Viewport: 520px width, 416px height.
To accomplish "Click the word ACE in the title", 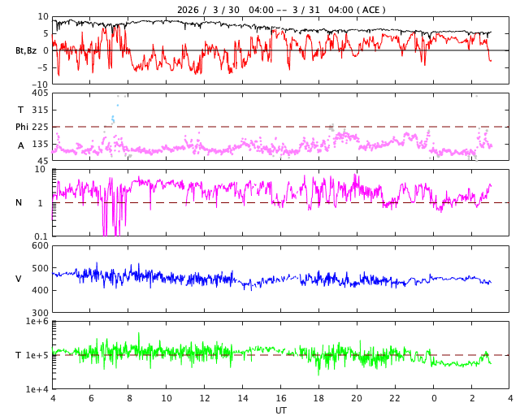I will [370, 10].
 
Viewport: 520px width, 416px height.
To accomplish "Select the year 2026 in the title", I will [190, 10].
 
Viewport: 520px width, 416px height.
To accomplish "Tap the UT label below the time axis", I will [280, 410].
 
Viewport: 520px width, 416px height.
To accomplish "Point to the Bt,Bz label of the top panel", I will [26, 50].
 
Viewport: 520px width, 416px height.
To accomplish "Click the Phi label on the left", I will [22, 127].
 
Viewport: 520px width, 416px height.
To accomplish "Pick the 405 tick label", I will [41, 93].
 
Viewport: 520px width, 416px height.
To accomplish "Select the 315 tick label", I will [41, 110].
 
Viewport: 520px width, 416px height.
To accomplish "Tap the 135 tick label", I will [41, 144].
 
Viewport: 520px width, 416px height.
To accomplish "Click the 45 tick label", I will [43, 161].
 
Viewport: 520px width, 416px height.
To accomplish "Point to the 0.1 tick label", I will [41, 236].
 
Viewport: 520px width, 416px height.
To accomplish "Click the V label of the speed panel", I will [19, 279].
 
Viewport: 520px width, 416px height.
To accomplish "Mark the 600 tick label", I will [41, 246].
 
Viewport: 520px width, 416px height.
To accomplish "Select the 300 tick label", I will [41, 313].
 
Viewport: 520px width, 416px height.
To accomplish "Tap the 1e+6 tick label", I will [37, 323].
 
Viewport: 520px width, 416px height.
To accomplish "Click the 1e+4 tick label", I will [37, 389].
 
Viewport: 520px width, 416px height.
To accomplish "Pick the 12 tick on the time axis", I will [205, 399].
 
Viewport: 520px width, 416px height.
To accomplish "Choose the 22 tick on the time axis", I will [395, 399].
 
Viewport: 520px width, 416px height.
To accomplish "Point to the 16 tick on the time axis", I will [281, 399].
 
